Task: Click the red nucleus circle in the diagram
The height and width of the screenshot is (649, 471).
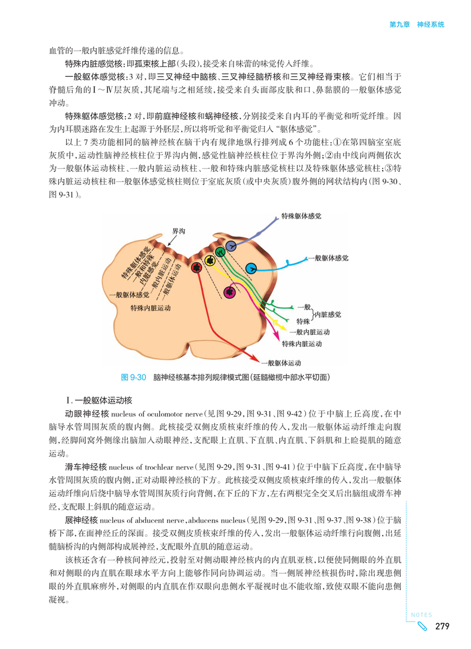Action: point(197,267)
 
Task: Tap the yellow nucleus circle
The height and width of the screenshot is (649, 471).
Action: point(210,260)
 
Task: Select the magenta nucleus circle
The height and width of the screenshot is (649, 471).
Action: point(228,292)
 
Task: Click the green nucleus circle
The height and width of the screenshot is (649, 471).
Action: point(220,252)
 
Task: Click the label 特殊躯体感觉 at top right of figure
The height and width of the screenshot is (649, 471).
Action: point(302,214)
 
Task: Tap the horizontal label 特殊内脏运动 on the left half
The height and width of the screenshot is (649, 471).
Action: point(150,308)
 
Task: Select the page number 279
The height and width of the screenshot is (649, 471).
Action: point(442,626)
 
